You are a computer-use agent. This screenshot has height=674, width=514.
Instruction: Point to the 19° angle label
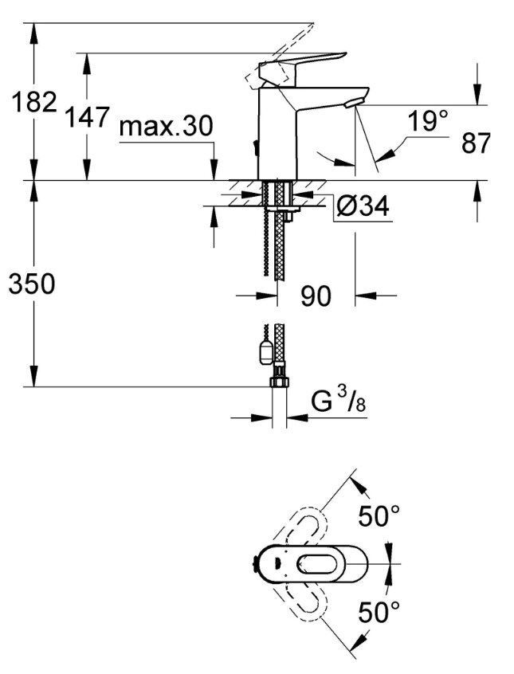click(427, 122)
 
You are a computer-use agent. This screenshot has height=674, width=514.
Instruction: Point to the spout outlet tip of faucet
click(353, 101)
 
